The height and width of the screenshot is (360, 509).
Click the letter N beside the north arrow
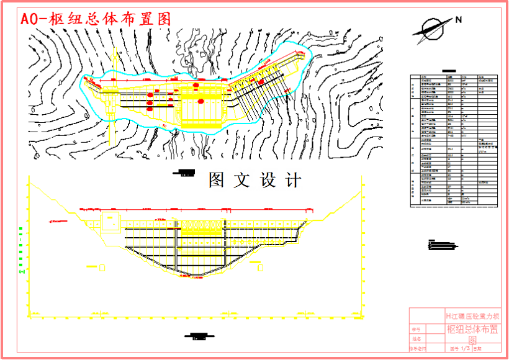[x=459, y=20]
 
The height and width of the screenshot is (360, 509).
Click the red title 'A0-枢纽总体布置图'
[x=96, y=19]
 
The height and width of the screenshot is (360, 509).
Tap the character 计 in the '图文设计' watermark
[x=294, y=181]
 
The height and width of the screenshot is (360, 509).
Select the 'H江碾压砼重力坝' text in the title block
[x=472, y=317]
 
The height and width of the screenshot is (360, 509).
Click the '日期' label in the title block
[x=478, y=349]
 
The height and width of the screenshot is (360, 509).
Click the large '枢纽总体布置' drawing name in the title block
[x=472, y=329]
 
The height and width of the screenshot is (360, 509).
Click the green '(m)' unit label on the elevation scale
[x=22, y=271]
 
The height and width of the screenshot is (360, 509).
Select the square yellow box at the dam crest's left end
[x=110, y=222]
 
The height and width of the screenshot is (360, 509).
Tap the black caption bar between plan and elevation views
[x=184, y=173]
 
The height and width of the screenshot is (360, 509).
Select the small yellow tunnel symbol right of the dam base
[x=260, y=267]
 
